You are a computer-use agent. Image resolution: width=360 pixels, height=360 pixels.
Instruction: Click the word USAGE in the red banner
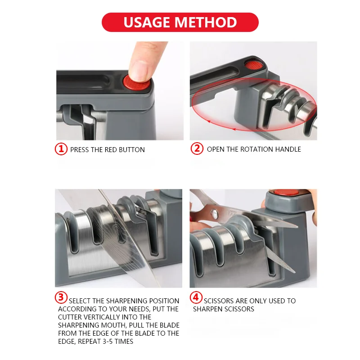click(x=147, y=22)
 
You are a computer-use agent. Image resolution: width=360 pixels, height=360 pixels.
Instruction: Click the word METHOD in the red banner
click(x=206, y=22)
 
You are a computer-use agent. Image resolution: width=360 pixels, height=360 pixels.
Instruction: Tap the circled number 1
click(x=61, y=149)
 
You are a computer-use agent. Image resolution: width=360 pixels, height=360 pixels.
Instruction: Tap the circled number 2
click(x=197, y=148)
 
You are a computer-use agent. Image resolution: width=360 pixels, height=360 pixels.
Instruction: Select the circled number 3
click(x=61, y=297)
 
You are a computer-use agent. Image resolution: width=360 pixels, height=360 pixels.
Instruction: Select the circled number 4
click(x=196, y=297)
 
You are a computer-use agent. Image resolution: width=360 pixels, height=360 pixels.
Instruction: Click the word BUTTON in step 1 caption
click(x=132, y=150)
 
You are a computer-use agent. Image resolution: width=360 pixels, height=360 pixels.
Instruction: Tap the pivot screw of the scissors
click(x=215, y=213)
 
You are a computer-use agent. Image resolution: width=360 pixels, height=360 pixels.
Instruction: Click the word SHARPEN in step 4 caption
click(x=207, y=309)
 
